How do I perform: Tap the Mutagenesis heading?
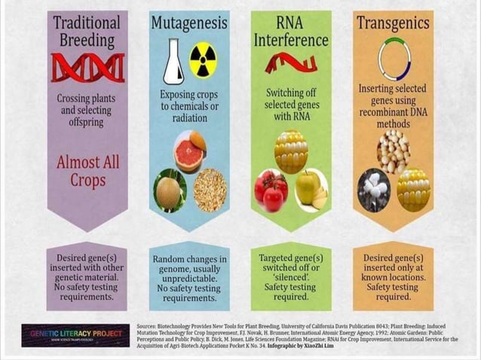[188, 22]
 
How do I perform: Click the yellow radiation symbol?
[203, 61]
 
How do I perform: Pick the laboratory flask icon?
[173, 63]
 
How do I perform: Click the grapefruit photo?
[188, 151]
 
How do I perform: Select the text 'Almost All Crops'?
[87, 171]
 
